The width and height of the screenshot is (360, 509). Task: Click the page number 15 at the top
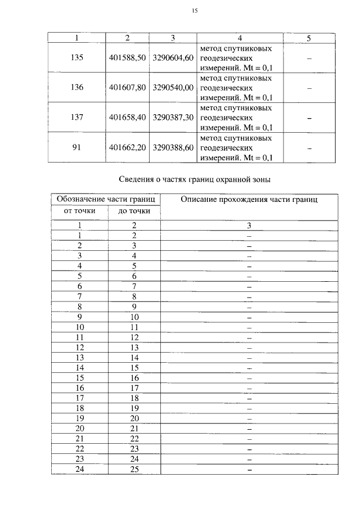(x=194, y=11)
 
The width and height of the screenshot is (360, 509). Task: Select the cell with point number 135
(x=78, y=58)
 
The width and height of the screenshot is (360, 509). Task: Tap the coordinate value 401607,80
(x=127, y=88)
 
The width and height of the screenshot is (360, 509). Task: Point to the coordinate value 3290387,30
(x=173, y=118)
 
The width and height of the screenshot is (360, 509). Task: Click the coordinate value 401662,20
(x=127, y=147)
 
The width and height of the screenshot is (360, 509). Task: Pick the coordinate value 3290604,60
(x=173, y=58)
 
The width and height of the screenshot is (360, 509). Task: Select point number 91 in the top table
(x=78, y=147)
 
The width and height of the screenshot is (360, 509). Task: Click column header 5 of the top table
(x=309, y=38)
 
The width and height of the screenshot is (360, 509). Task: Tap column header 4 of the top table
(x=240, y=38)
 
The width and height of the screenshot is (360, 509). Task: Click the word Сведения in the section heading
(x=138, y=180)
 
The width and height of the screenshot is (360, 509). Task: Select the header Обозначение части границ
(x=106, y=200)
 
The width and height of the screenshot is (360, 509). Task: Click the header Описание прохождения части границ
(x=249, y=200)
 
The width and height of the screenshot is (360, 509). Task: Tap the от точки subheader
(x=79, y=211)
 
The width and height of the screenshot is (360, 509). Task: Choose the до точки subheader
(x=134, y=211)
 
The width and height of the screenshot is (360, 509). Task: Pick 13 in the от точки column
(x=79, y=357)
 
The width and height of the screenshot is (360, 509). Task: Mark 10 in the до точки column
(x=134, y=317)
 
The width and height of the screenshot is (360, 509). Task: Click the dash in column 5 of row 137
(x=309, y=118)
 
